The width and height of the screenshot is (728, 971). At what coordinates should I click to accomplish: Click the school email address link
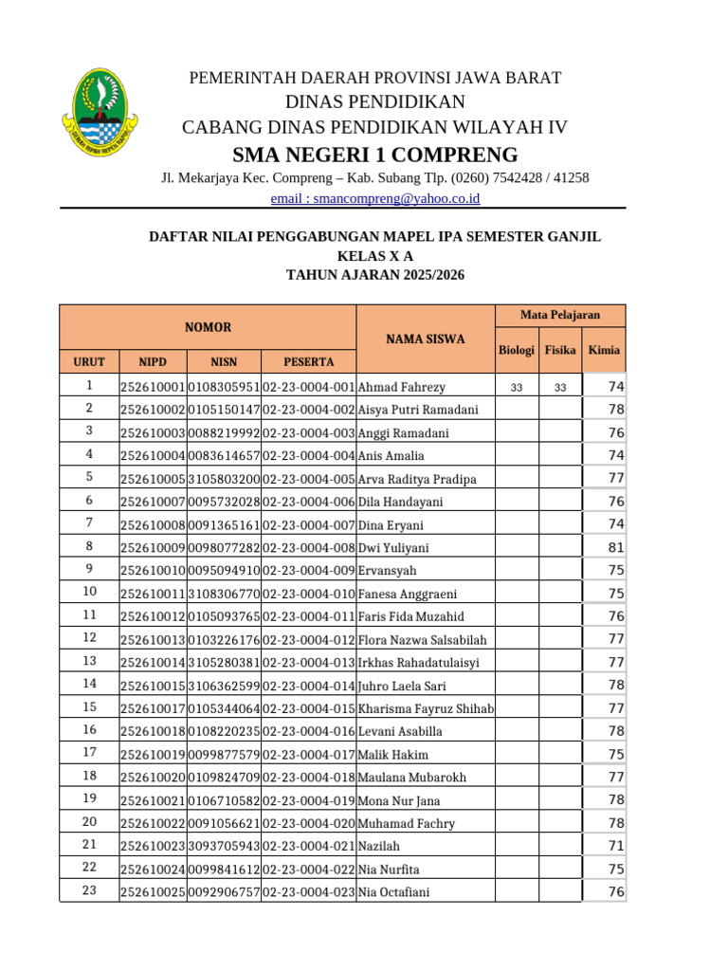coord(375,198)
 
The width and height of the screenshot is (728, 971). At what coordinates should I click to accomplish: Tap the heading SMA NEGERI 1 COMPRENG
coord(375,155)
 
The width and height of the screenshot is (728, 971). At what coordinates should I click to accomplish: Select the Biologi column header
coord(517,350)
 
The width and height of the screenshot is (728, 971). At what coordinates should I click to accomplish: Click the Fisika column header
coord(560,350)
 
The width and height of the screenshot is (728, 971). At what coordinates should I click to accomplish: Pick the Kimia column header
coord(604,350)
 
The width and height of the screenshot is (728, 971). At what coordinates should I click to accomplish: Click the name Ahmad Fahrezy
coord(402,387)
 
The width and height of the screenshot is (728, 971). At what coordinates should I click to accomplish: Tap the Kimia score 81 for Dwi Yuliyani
coord(616,547)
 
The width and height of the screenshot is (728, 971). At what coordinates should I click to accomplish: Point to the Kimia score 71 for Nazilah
coord(616,846)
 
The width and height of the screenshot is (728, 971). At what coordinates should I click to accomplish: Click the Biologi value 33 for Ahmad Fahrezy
coord(517,388)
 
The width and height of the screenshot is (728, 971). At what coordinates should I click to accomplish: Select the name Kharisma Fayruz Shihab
coord(426,708)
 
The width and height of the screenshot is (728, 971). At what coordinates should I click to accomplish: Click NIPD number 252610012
coord(153,616)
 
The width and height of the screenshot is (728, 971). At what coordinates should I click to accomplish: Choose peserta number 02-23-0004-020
coord(308,823)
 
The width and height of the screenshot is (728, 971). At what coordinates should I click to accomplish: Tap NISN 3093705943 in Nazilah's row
coord(224,846)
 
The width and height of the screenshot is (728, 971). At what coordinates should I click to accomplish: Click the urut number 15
coord(89,706)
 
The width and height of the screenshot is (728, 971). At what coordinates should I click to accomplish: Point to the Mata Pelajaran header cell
coord(560,315)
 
